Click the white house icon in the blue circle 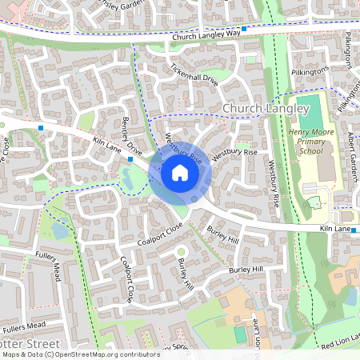coord(180,173)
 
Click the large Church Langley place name coord(265,108)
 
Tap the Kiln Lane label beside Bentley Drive coord(106,142)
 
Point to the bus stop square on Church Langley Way coord(244,28)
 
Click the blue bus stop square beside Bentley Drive coord(130,159)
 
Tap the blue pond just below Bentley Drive coord(126,180)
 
